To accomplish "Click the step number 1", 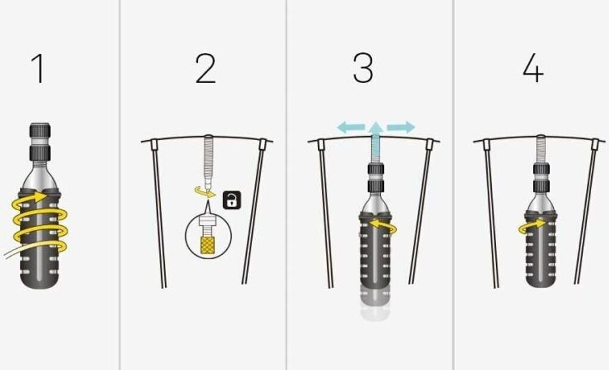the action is pyautogui.click(x=38, y=69).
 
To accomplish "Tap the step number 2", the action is pyautogui.click(x=205, y=69).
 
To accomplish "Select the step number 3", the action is pyautogui.click(x=363, y=68).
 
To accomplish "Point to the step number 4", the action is pyautogui.click(x=533, y=69).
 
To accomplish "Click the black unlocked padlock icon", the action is pyautogui.click(x=232, y=201).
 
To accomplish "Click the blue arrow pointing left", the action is pyautogui.click(x=351, y=127).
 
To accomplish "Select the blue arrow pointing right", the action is pyautogui.click(x=401, y=127).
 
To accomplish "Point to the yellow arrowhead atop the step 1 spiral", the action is pyautogui.click(x=40, y=196).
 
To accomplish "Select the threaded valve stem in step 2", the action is pyautogui.click(x=208, y=163).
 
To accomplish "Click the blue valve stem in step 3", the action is pyautogui.click(x=375, y=149).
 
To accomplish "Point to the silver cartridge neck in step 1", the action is pyautogui.click(x=40, y=175).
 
